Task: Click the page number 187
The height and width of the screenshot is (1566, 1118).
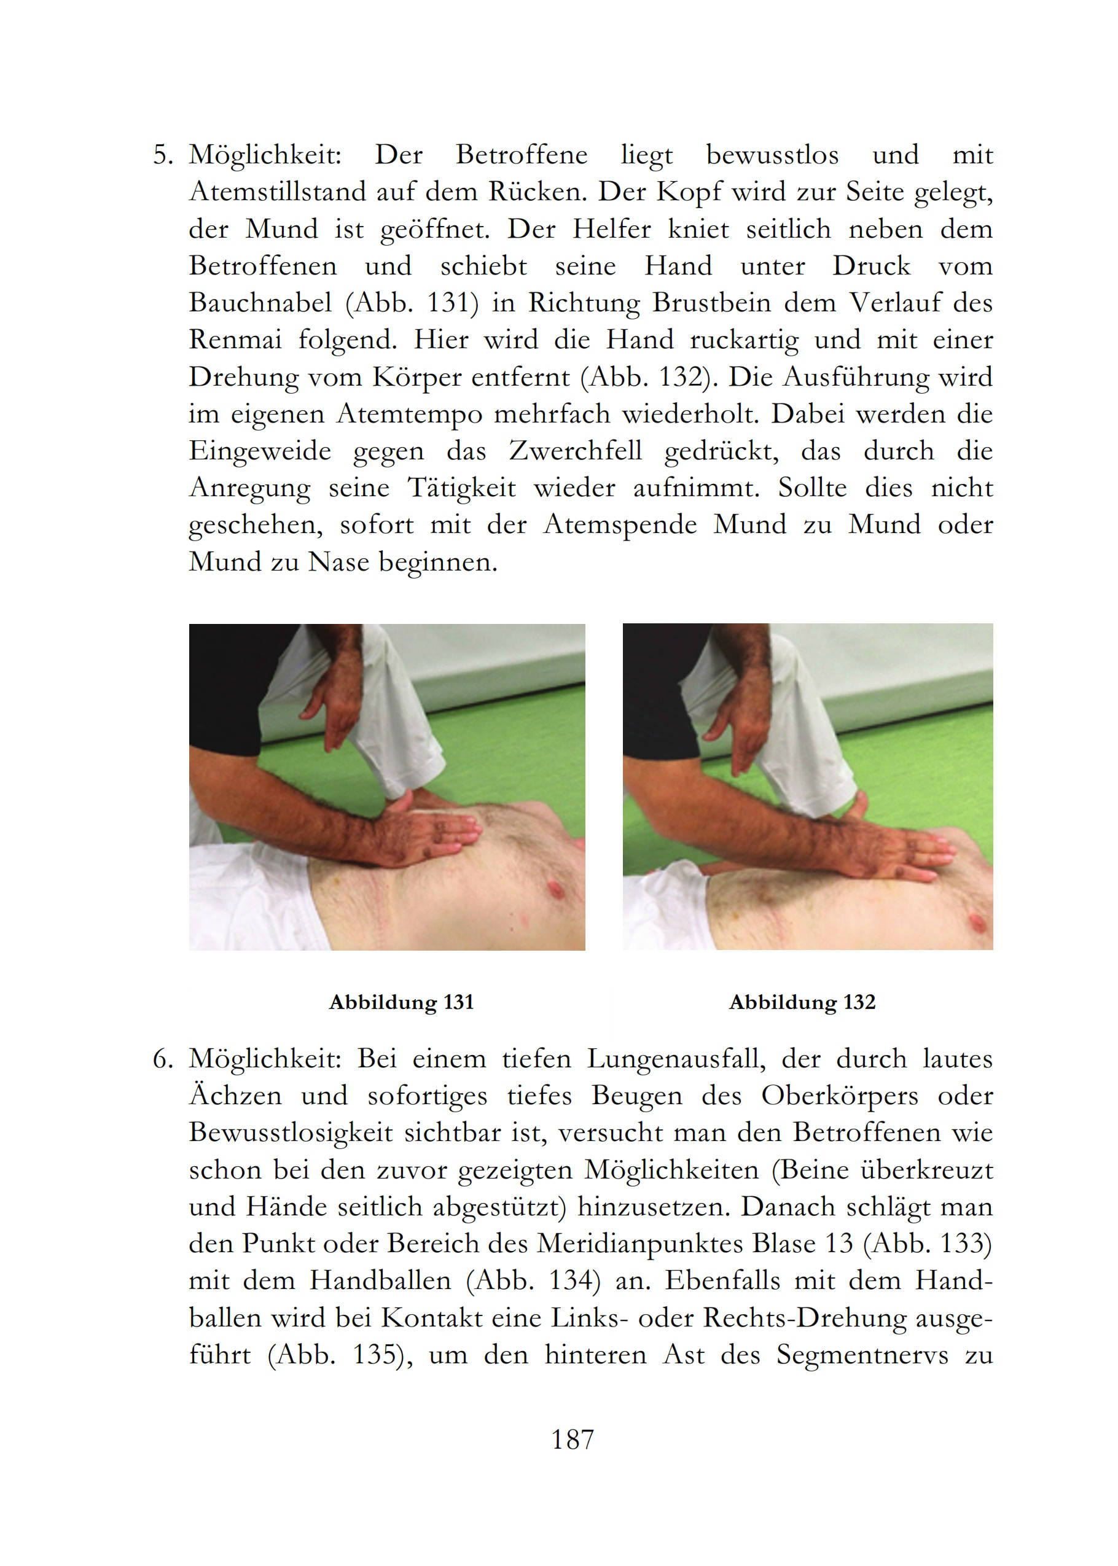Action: point(572,1440)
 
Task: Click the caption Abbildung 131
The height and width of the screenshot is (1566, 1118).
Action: point(401,1002)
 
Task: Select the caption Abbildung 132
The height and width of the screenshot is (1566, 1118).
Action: point(802,1002)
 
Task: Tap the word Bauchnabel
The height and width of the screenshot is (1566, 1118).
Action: point(261,303)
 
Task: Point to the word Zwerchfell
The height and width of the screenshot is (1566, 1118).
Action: point(576,451)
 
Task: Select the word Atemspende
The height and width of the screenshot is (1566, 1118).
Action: point(621,526)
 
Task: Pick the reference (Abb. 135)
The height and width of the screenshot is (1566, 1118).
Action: point(335,1355)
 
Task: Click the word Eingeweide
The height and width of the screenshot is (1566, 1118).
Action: point(260,452)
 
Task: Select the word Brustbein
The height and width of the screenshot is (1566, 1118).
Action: point(711,303)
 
